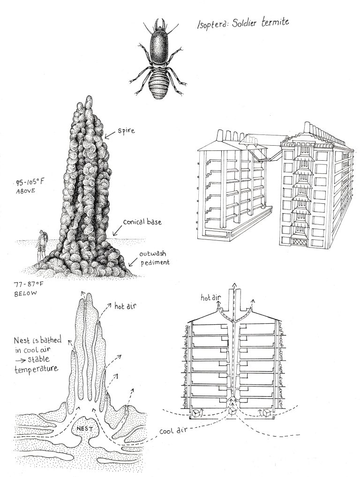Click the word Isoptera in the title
coord(214,25)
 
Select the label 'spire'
coord(128,132)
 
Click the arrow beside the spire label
coord(110,136)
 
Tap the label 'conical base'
coord(142,222)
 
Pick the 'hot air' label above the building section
coord(211,297)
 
